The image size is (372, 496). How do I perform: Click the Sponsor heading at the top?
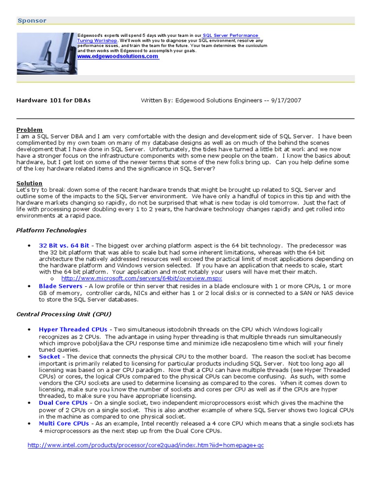pyautogui.click(x=32, y=20)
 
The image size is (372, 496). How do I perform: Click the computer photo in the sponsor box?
pyautogui.click(x=46, y=53)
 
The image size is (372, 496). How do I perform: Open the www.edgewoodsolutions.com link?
pyautogui.click(x=118, y=57)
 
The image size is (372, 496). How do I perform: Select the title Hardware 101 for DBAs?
pyautogui.click(x=53, y=100)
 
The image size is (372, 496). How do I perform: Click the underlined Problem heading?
pyautogui.click(x=30, y=130)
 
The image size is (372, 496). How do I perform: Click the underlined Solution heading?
pyautogui.click(x=30, y=183)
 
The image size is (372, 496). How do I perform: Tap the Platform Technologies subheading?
pyautogui.click(x=51, y=230)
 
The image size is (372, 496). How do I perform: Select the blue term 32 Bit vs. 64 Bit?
pyautogui.click(x=64, y=246)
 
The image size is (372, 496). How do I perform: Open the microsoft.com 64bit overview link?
pyautogui.click(x=141, y=279)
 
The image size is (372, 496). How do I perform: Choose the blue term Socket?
pyautogui.click(x=49, y=356)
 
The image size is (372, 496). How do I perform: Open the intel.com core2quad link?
pyautogui.click(x=146, y=445)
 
